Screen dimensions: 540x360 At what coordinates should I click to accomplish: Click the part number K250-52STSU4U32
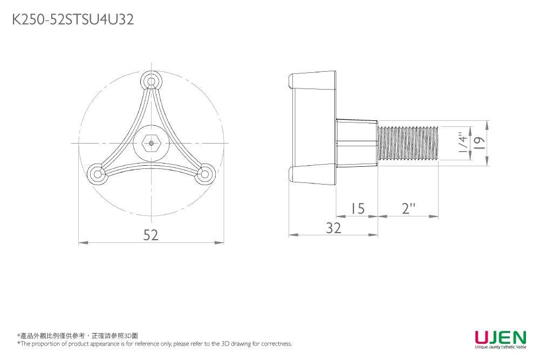coord(73,19)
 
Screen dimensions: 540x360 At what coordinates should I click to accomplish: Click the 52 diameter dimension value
coord(151,235)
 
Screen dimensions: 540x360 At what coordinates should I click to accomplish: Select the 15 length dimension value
coord(358,208)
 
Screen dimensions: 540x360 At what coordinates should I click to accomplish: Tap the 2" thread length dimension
coord(408,208)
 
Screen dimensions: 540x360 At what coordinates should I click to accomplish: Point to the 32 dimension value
coord(334,228)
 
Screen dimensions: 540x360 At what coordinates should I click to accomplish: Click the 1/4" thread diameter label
coord(464,142)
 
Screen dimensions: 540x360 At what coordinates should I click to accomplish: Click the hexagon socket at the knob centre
coord(151,143)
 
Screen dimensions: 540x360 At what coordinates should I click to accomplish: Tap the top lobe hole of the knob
coord(151,81)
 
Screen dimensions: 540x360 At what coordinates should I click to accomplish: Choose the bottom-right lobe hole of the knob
coord(204,174)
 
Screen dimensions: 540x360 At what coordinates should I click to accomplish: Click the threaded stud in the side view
coord(408,143)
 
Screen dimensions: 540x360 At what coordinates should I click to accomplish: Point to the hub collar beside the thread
coord(357,143)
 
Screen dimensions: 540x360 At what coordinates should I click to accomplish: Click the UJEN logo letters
coord(501,337)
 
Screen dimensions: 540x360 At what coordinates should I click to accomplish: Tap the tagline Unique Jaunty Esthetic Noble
coord(501,347)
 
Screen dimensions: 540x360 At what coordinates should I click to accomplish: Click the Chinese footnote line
coord(78,336)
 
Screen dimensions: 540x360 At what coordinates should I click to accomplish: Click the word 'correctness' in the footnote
coord(277,343)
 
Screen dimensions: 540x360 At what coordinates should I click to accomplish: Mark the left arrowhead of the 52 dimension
coord(83,243)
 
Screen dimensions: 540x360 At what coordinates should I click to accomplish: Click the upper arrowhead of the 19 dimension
coord(487,125)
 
